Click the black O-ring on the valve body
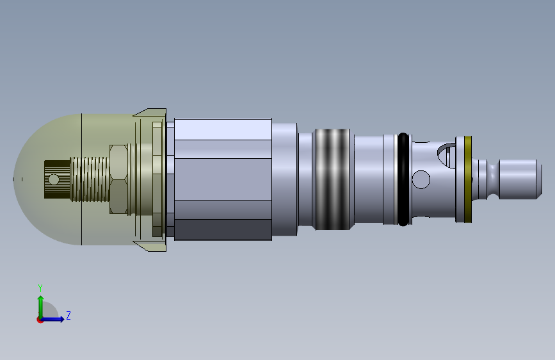pos(403,179)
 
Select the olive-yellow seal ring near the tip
pos(467,179)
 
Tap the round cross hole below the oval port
pos(421,179)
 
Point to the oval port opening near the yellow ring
pos(446,155)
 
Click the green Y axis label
pos(40,288)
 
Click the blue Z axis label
pos(68,315)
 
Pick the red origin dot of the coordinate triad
pos(40,320)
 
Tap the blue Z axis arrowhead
pos(61,319)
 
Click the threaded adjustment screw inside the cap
pos(90,179)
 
